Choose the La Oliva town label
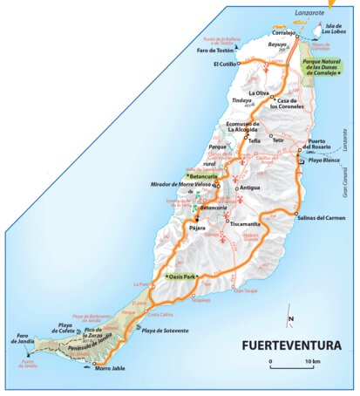tap(260, 92)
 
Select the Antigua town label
tap(249, 188)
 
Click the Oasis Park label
tap(182, 277)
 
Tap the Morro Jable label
tap(110, 367)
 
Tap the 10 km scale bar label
tap(311, 362)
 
